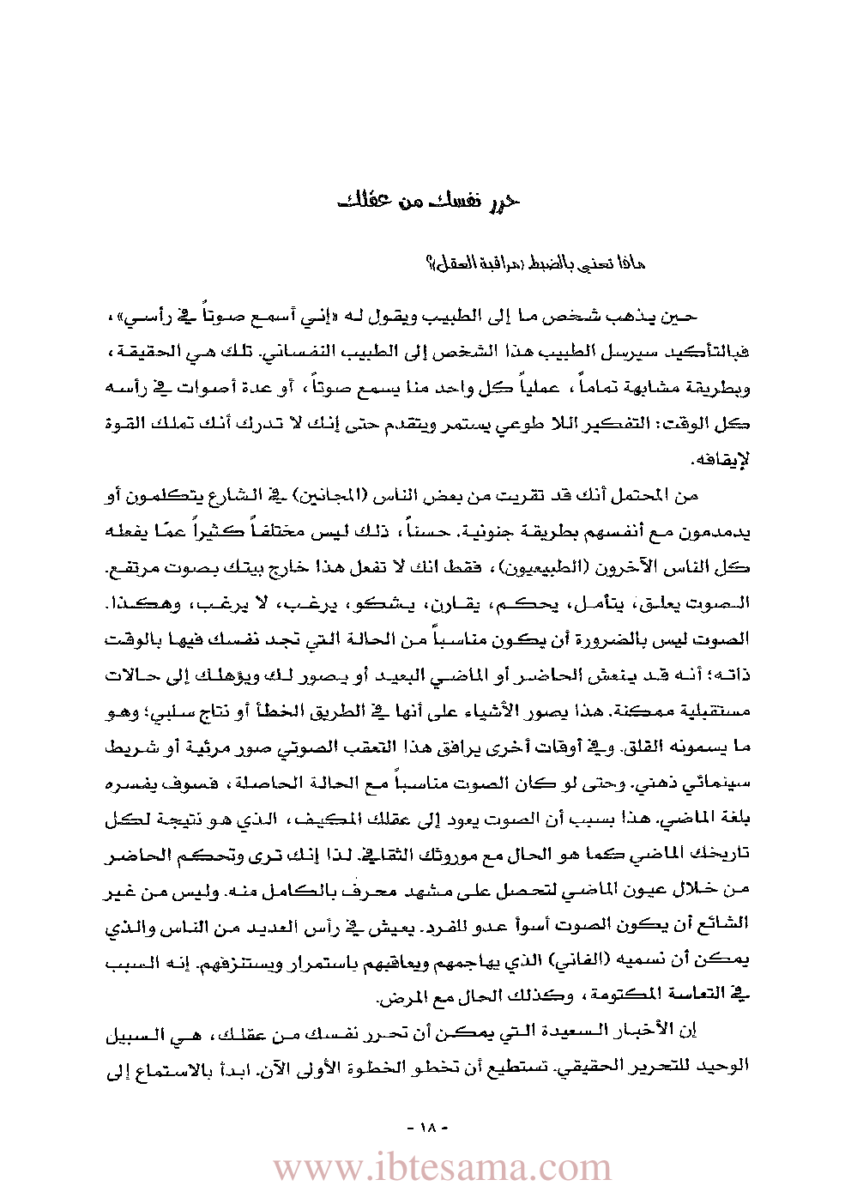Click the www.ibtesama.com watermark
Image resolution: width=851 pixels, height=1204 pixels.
click(442, 1168)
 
